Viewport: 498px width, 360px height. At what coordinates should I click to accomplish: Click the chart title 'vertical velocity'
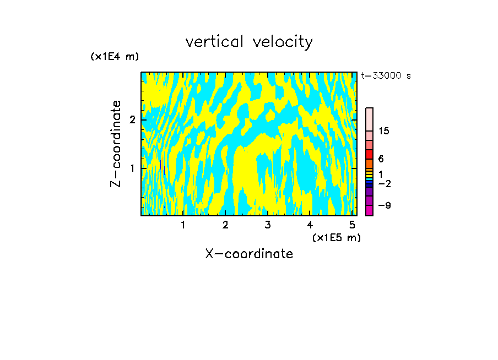pos(249,42)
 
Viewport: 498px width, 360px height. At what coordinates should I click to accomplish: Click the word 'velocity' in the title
pos(283,42)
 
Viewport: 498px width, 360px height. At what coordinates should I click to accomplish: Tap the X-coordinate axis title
pos(249,254)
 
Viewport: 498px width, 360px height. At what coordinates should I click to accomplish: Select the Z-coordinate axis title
pos(116,144)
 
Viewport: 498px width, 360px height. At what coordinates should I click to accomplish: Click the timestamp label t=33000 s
pos(386,76)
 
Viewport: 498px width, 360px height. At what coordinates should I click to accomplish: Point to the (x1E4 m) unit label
pos(115,57)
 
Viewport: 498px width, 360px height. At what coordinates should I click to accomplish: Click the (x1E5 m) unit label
pos(336,237)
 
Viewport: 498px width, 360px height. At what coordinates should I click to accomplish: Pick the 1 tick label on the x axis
pos(183,225)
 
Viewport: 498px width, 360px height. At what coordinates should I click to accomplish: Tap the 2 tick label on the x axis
pos(225,225)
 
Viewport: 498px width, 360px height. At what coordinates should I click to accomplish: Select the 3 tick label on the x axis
pos(268,225)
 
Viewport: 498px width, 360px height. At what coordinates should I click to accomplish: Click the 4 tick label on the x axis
pos(310,225)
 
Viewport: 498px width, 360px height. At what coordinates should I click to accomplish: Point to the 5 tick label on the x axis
pos(352,225)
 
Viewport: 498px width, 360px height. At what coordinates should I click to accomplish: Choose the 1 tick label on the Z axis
pos(132,168)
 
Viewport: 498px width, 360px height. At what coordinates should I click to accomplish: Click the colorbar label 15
pos(384,132)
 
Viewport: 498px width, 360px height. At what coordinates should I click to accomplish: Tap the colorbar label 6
pos(381,159)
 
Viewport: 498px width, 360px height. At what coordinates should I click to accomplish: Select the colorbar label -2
pos(384,183)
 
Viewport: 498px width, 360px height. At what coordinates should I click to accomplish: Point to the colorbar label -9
pos(384,205)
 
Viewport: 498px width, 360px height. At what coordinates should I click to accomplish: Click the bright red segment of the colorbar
pos(369,154)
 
